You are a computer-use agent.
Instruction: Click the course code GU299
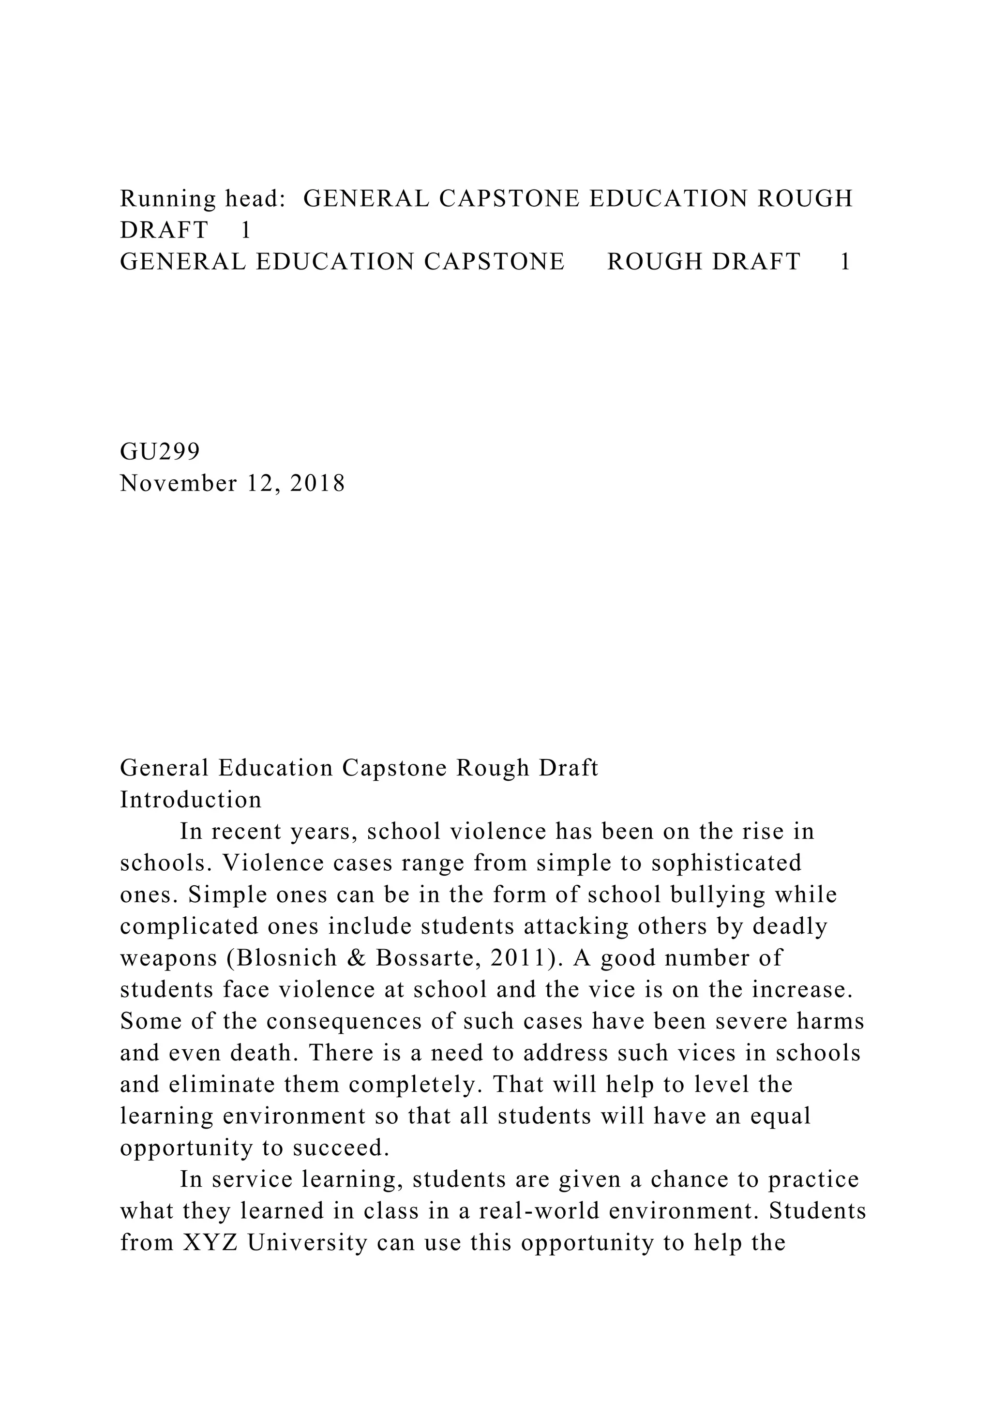click(x=160, y=451)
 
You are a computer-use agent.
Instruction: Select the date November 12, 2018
click(x=232, y=483)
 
